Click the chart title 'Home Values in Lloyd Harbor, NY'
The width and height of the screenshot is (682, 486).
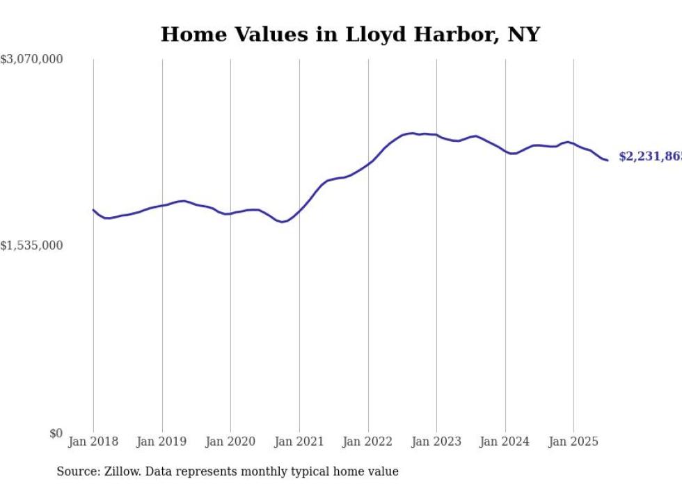pos(350,34)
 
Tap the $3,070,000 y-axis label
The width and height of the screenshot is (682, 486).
pos(31,60)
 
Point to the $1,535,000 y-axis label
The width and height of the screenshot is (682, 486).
pos(31,245)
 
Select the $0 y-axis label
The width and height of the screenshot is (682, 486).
pos(56,433)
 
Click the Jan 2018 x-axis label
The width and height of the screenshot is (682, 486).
pos(93,442)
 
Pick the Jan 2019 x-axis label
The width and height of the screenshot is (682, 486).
pos(162,442)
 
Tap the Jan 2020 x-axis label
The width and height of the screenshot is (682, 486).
pos(230,442)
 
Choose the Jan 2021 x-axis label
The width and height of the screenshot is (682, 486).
pos(299,442)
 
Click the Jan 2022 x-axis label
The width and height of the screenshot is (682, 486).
pos(368,442)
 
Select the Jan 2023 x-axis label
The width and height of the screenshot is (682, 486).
pos(436,442)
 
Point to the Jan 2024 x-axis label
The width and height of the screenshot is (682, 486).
pos(505,442)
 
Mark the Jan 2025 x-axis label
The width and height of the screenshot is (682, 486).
pos(573,442)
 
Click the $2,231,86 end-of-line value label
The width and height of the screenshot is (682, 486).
pos(650,157)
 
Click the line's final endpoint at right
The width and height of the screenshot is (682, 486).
pos(608,160)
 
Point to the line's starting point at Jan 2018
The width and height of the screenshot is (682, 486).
pos(93,209)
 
